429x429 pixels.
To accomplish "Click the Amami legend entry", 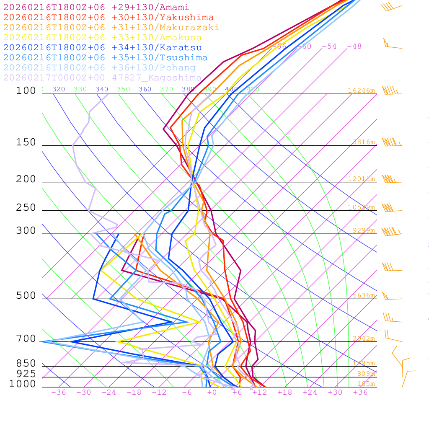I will point(96,8).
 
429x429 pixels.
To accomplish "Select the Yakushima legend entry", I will point(109,18).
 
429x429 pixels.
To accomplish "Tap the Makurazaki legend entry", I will point(111,28).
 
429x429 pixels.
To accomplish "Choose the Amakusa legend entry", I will point(103,38).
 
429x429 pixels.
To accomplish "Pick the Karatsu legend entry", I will point(103,48).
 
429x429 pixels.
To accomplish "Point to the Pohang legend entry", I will point(100,68).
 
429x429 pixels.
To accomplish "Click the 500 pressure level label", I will point(26,296).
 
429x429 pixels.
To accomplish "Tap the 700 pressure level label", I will point(26,339).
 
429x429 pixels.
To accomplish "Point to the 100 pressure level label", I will point(26,90).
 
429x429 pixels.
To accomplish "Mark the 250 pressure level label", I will point(26,208).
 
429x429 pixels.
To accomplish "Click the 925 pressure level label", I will point(26,374).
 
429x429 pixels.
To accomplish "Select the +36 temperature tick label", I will point(360,392).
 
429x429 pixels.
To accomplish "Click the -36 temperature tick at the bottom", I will point(59,392).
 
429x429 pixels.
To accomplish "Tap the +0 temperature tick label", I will point(212,392).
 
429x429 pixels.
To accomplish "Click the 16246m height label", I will point(362,90).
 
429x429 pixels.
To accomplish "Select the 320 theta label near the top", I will point(59,89).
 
